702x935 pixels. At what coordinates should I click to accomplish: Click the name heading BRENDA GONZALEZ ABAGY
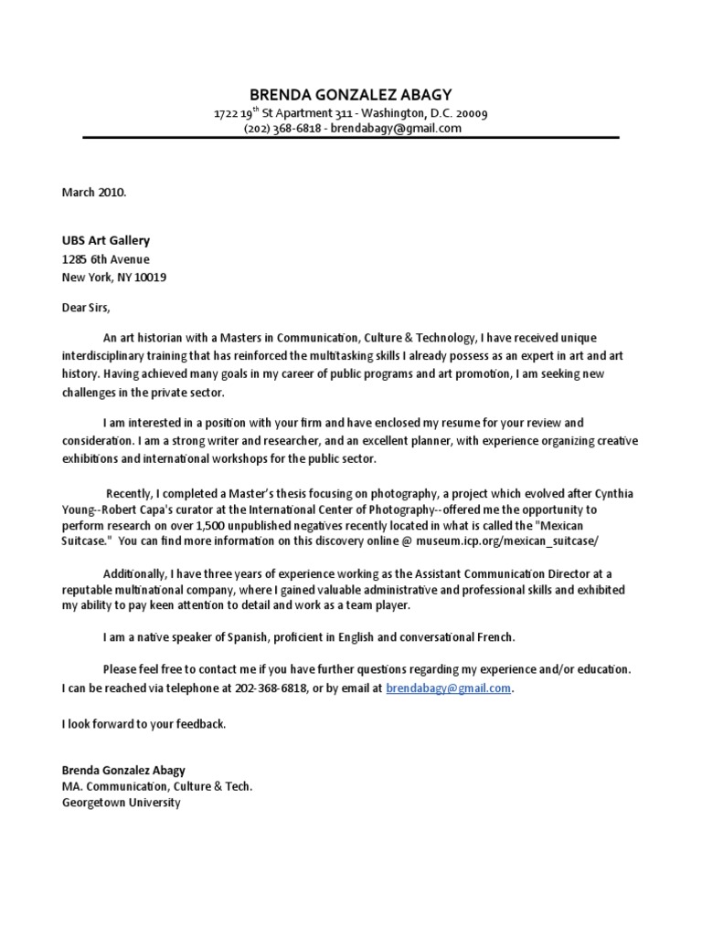[350, 95]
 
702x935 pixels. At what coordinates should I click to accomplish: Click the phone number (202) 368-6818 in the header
[282, 129]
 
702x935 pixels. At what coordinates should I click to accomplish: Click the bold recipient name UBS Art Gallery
[105, 241]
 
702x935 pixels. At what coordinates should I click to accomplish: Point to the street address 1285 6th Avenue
[105, 259]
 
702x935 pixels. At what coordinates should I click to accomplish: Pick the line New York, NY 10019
[114, 277]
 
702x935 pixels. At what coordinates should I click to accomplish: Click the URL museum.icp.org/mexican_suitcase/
[520, 541]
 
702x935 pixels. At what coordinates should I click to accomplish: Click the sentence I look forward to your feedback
[144, 724]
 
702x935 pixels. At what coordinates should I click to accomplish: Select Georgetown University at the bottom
[122, 804]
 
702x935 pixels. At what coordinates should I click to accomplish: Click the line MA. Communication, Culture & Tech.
[156, 786]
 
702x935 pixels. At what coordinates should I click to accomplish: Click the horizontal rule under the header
[350, 139]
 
